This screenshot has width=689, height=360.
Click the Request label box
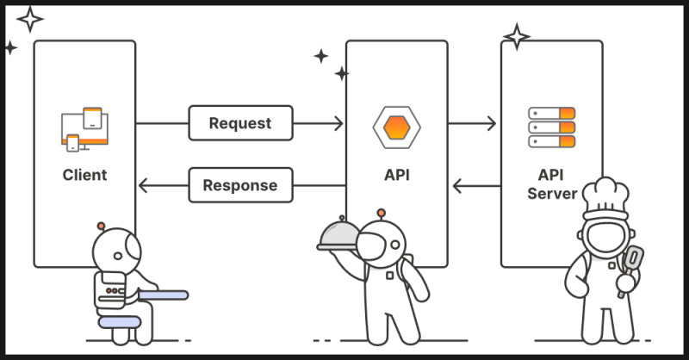click(240, 123)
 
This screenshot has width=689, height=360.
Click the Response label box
click(240, 184)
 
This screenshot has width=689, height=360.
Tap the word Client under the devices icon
click(84, 175)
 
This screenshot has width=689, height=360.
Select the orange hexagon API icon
click(396, 126)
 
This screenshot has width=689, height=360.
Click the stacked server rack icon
click(551, 127)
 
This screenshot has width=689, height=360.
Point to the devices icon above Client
click(85, 128)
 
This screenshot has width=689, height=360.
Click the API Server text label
click(551, 183)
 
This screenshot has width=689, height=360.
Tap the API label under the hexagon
click(396, 175)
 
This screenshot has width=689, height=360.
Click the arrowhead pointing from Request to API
click(338, 123)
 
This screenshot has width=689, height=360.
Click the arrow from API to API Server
click(473, 123)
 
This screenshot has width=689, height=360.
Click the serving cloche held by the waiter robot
click(343, 235)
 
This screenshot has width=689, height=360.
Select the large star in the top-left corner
click(30, 18)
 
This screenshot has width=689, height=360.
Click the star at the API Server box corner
click(517, 36)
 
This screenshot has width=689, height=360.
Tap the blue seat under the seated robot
click(118, 321)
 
